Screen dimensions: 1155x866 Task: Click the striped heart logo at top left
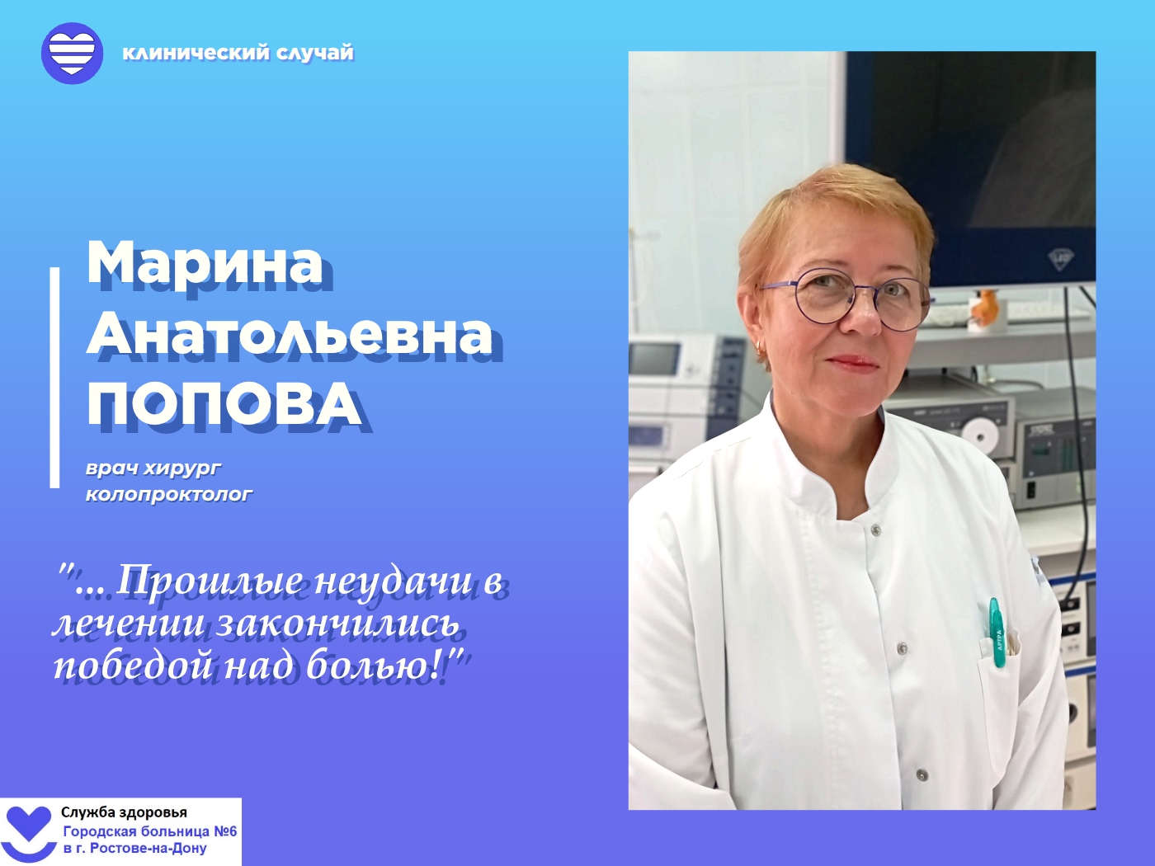(x=72, y=53)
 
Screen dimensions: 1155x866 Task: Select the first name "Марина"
(x=205, y=263)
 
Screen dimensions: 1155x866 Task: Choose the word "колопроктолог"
(x=169, y=495)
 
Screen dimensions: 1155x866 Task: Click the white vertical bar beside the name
(x=54, y=378)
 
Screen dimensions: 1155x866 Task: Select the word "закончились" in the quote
(x=338, y=625)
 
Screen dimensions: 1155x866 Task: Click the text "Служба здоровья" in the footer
(x=125, y=812)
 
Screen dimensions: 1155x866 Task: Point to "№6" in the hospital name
(x=224, y=831)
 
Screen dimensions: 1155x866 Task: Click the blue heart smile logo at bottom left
(x=30, y=833)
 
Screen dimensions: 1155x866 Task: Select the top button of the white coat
(x=875, y=530)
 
